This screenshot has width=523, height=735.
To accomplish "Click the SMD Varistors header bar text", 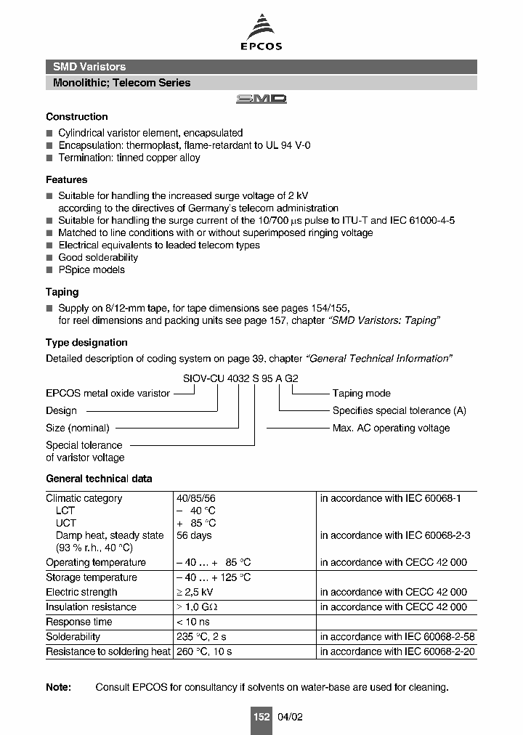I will [89, 67].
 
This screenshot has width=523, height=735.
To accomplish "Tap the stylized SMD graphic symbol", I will [261, 99].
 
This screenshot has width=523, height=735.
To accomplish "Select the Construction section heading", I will [76, 117].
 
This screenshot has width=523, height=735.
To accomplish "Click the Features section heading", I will [66, 179].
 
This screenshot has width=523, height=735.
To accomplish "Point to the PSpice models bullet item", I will [92, 270].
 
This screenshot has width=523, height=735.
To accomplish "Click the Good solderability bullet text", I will [98, 258].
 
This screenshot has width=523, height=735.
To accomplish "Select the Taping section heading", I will [62, 292].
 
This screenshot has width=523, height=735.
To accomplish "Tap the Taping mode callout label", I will [361, 394].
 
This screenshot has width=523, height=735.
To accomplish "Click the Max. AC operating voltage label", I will [391, 429].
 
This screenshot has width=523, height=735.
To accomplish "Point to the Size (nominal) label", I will [77, 429].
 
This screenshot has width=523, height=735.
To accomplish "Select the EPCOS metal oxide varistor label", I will [108, 394].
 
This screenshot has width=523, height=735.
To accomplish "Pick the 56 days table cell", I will [194, 535].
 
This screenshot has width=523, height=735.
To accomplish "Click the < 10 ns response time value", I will [193, 622].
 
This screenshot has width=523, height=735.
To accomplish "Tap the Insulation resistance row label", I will [91, 607].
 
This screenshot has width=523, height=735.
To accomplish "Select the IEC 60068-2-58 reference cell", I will [397, 637].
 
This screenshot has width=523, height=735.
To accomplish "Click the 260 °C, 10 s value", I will [204, 651].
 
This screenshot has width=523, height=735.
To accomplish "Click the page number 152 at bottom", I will [261, 717].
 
